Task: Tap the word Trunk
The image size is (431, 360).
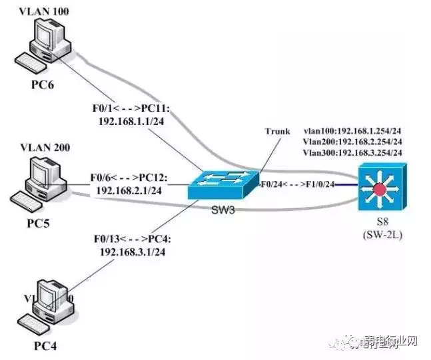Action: tap(276, 131)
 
